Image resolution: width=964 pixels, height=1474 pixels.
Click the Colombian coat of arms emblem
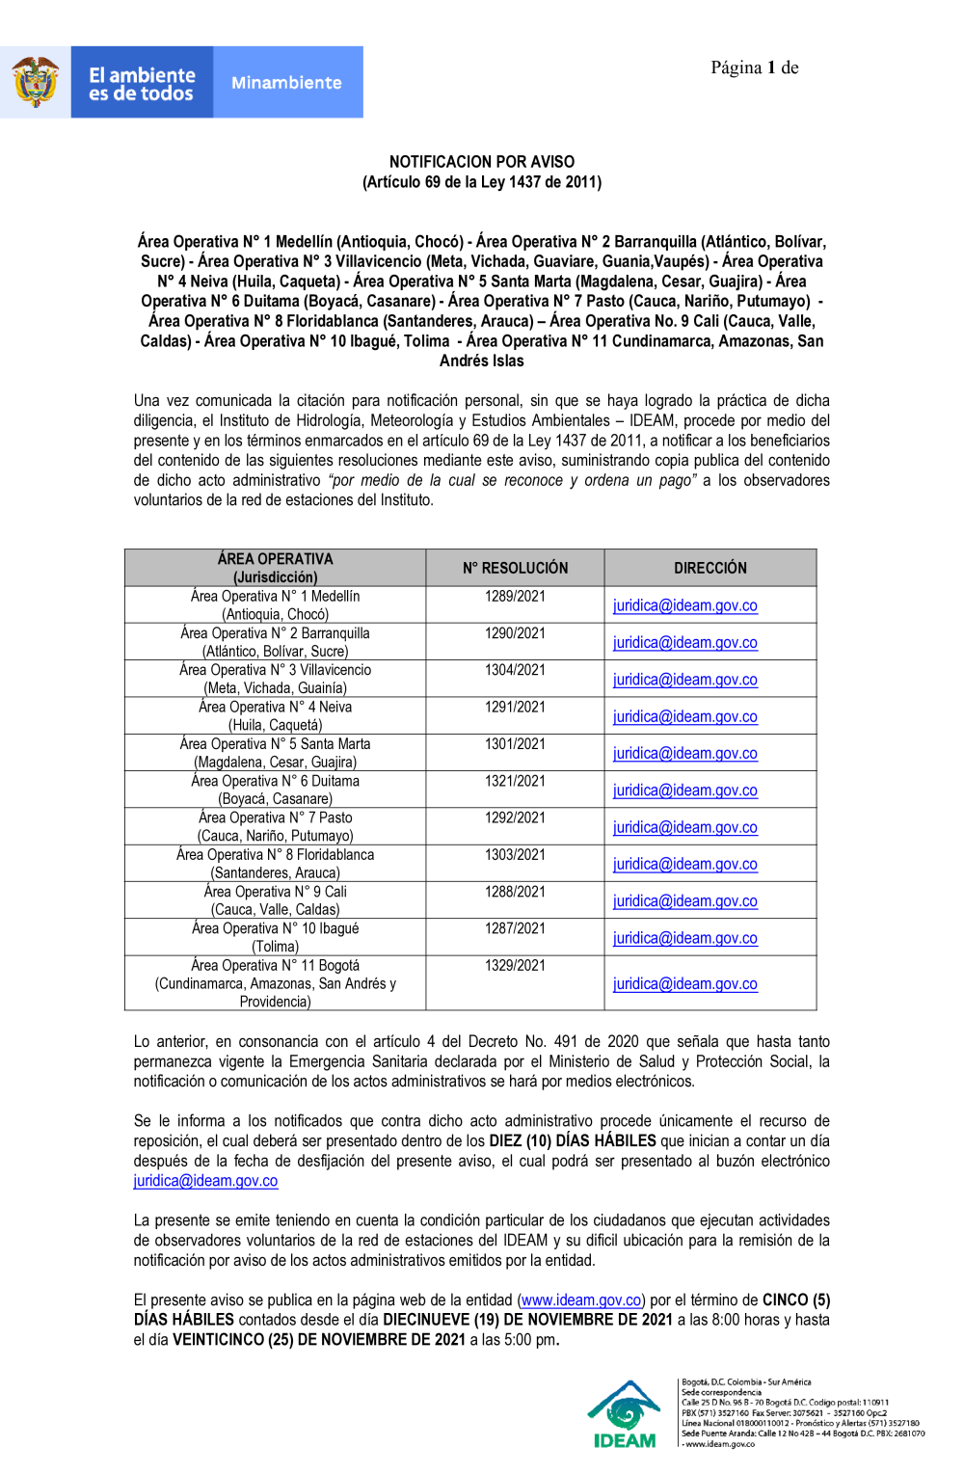click(x=36, y=82)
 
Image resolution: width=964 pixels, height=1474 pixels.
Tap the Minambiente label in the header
click(x=286, y=83)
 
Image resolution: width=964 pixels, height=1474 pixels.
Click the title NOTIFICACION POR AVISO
click(x=481, y=162)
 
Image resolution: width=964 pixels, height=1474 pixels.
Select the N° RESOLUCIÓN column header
click(x=515, y=568)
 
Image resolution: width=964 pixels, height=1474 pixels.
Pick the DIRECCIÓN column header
click(x=710, y=568)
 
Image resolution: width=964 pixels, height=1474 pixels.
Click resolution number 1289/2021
click(x=515, y=597)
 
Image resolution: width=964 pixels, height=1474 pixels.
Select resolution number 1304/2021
click(x=515, y=670)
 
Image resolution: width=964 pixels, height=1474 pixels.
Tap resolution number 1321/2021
click(x=515, y=781)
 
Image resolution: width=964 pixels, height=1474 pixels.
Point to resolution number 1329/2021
click(x=515, y=965)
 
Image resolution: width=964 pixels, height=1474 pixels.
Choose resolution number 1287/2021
click(x=515, y=928)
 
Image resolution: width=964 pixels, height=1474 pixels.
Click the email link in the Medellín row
click(x=684, y=605)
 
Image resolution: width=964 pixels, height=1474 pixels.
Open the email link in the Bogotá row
click(x=684, y=983)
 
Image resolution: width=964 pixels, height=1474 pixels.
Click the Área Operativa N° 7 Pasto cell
click(x=276, y=826)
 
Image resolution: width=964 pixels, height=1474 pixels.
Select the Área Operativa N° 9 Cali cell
click(x=276, y=900)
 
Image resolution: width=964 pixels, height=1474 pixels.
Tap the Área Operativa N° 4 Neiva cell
click(x=276, y=715)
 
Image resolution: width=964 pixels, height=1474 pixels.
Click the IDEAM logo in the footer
click(x=625, y=1414)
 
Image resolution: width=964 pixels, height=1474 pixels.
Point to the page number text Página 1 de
click(x=754, y=67)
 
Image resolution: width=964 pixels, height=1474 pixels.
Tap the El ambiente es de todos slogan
click(x=142, y=84)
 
